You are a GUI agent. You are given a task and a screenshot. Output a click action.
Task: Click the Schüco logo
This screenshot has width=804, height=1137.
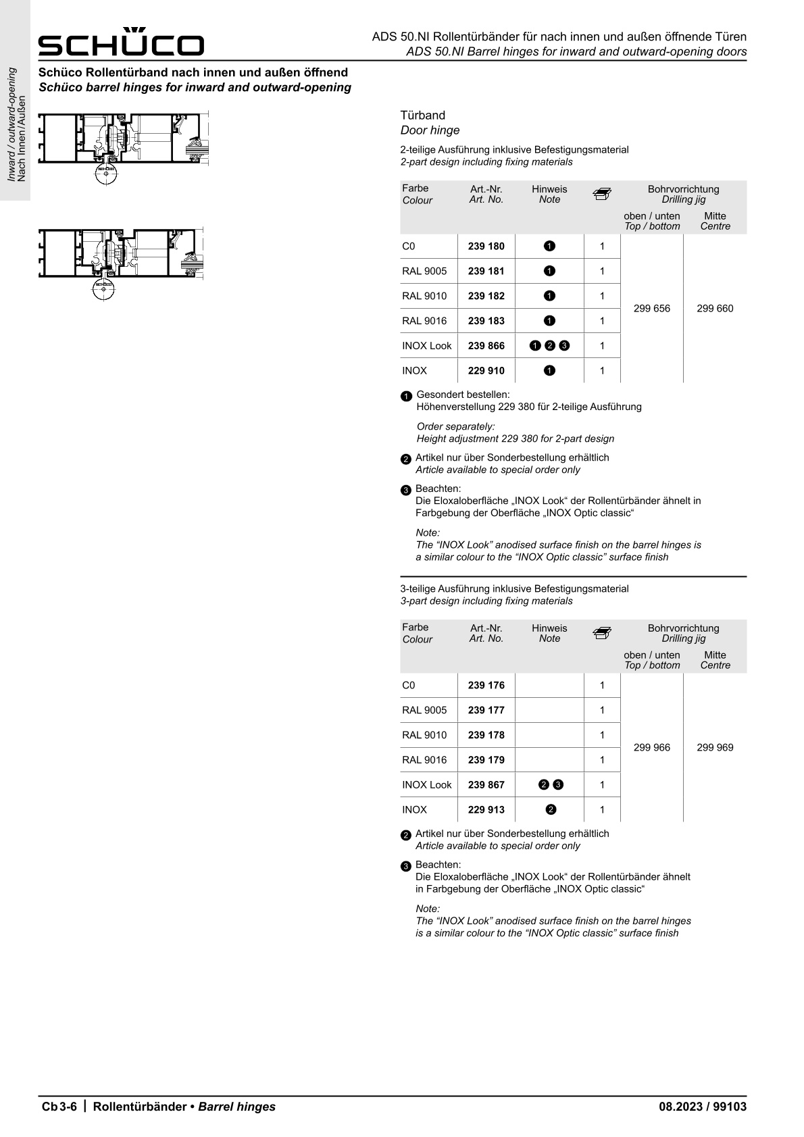click(121, 43)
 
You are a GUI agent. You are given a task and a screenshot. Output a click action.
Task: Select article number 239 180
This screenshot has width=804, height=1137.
click(486, 247)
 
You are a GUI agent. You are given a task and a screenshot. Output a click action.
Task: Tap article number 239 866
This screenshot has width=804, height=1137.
click(486, 346)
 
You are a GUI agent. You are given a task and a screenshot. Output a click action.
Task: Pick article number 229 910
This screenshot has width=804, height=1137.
click(486, 371)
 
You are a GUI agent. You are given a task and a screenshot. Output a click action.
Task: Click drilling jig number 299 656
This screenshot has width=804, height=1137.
click(652, 309)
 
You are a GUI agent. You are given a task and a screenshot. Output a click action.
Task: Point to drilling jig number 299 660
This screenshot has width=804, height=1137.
click(715, 309)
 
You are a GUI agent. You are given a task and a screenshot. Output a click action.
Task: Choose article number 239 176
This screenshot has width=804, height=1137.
click(486, 686)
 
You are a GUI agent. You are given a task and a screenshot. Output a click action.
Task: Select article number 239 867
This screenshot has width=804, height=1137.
click(486, 785)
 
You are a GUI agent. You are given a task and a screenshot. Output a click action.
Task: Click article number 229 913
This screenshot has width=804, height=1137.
click(486, 810)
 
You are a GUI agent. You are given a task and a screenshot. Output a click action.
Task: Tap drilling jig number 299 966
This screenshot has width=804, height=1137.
click(652, 748)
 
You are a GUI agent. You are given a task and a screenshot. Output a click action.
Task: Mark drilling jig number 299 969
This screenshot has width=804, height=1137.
click(715, 748)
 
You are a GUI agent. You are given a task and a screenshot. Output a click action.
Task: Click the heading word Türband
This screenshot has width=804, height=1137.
click(423, 116)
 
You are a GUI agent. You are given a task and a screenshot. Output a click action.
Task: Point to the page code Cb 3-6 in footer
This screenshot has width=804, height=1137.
click(60, 1107)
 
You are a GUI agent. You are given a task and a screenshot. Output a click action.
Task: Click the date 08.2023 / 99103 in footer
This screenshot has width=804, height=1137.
click(703, 1107)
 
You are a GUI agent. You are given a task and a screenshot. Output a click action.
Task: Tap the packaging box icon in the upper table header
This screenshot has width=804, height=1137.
click(601, 195)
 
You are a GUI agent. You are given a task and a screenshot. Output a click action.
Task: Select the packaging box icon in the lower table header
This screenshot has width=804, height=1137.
click(601, 634)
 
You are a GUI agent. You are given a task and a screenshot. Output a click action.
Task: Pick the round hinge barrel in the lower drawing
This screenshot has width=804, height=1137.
click(103, 289)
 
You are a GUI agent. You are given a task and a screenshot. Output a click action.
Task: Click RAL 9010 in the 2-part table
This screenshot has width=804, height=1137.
click(424, 296)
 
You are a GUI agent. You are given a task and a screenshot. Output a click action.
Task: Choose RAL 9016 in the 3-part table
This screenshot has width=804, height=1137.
click(424, 760)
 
